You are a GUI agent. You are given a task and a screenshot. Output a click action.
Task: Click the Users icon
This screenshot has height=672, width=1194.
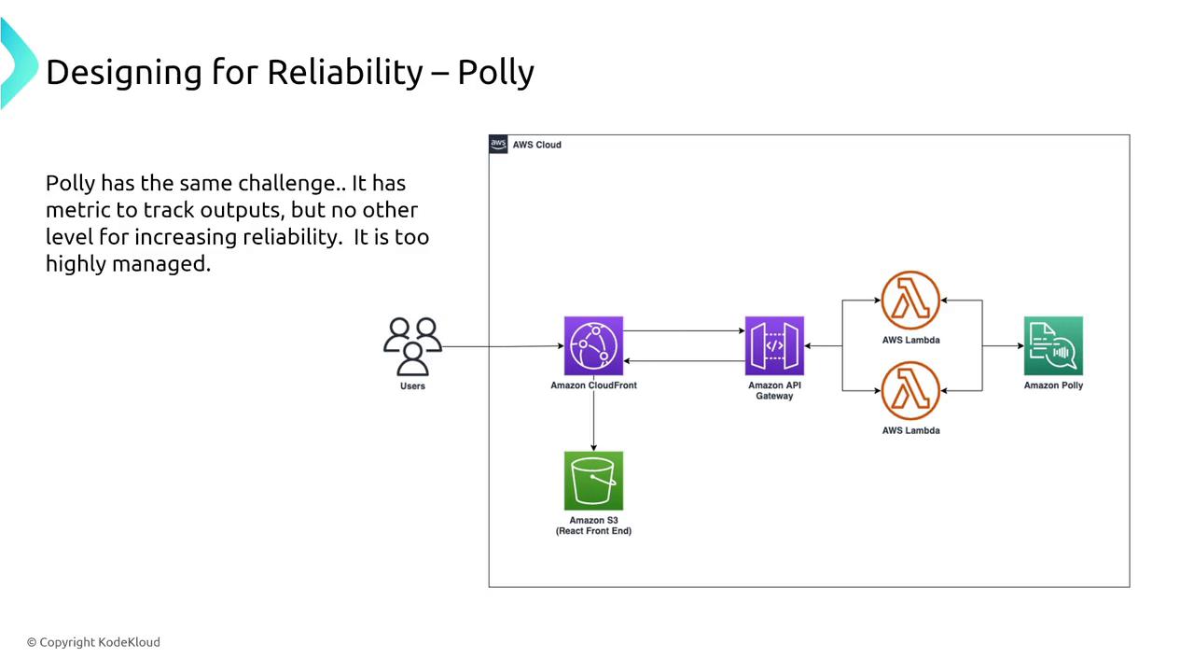(412, 346)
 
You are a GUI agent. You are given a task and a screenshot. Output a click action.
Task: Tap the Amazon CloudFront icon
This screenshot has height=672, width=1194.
(593, 346)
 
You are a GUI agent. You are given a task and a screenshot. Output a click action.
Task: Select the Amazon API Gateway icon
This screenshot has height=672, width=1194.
(774, 346)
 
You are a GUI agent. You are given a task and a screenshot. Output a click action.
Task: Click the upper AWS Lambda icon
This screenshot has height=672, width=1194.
(910, 301)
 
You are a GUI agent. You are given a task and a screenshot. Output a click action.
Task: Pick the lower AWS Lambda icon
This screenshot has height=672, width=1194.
(910, 391)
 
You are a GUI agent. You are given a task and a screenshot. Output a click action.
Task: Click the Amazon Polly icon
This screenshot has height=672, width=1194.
(1053, 346)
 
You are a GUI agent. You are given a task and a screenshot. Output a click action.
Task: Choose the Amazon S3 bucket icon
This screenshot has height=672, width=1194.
(593, 481)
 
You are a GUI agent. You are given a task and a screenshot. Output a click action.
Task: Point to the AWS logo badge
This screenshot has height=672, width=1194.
(499, 145)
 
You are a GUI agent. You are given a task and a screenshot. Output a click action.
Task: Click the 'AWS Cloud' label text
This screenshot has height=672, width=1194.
(537, 145)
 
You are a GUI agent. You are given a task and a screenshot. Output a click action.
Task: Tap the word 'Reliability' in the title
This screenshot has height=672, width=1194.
(345, 72)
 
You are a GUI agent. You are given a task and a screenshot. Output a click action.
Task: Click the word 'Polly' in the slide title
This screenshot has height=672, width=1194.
(495, 72)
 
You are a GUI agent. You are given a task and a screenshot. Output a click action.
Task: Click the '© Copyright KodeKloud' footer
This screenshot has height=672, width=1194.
(93, 642)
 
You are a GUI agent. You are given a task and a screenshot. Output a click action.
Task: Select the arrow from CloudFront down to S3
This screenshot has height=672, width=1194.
(593, 421)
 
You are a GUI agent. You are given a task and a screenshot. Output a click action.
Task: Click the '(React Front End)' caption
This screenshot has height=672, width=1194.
(593, 531)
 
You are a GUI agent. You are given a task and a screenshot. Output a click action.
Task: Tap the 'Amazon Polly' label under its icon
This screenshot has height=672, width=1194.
(1053, 385)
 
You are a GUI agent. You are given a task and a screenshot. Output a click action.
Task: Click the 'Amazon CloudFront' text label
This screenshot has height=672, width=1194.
(593, 385)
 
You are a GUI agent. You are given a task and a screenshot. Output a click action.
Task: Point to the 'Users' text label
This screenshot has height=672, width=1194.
(412, 386)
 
